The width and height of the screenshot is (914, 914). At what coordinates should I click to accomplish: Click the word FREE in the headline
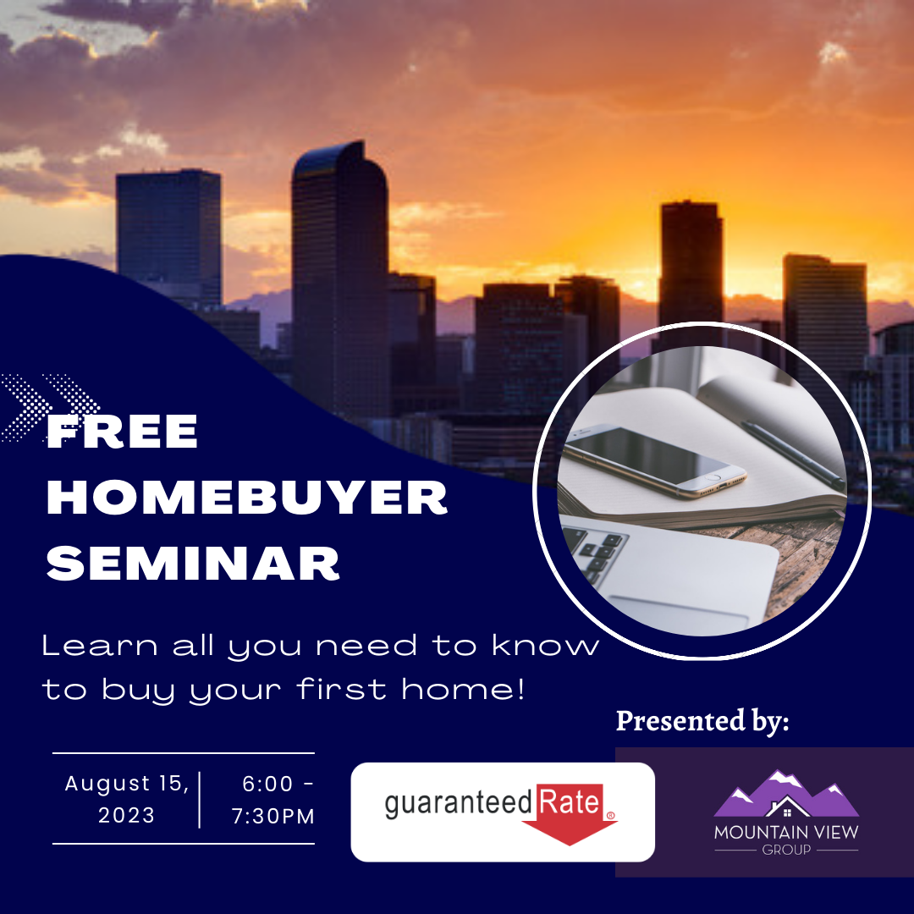pyautogui.click(x=122, y=432)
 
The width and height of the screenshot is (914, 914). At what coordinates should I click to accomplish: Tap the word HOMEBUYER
pyautogui.click(x=246, y=498)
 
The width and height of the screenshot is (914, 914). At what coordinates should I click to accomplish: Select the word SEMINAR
pyautogui.click(x=193, y=564)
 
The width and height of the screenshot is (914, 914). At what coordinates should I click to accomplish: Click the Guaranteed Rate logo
pyautogui.click(x=502, y=812)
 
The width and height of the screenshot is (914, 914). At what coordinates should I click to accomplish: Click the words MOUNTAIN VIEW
pyautogui.click(x=786, y=832)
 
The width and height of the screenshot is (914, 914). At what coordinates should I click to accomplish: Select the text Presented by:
pyautogui.click(x=702, y=720)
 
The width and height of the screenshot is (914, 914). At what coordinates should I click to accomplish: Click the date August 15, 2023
pyautogui.click(x=126, y=799)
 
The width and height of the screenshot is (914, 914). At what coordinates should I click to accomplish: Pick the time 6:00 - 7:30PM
pyautogui.click(x=273, y=799)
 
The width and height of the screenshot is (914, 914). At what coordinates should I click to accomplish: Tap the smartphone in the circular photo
pyautogui.click(x=654, y=460)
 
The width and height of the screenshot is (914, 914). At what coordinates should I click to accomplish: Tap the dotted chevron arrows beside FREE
pyautogui.click(x=50, y=406)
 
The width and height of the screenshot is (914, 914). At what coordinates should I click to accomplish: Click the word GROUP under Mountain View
pyautogui.click(x=786, y=850)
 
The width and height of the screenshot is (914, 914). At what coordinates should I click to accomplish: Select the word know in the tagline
pyautogui.click(x=546, y=645)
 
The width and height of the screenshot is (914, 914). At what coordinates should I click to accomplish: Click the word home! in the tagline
pyautogui.click(x=464, y=689)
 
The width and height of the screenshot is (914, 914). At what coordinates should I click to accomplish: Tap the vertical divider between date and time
pyautogui.click(x=200, y=800)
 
